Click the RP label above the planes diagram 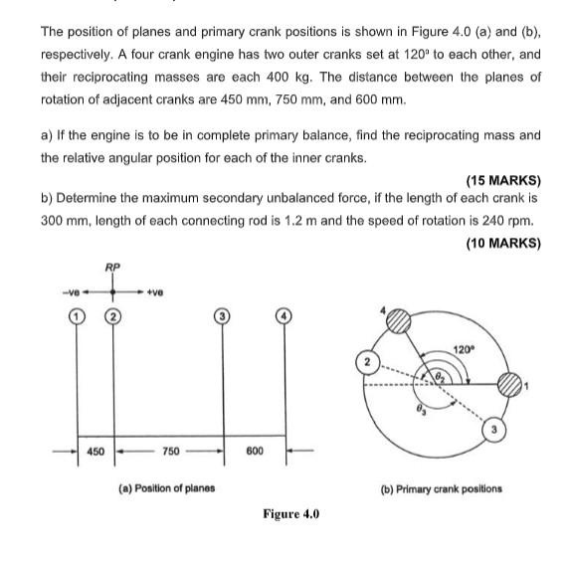pos(112,267)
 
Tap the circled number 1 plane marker pos(76,316)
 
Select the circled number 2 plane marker pos(113,316)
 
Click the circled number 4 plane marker pos(285,316)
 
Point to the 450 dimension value pos(95,452)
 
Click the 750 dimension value pos(169,452)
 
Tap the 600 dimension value pos(254,452)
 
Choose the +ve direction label pos(154,291)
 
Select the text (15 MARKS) pos(502,180)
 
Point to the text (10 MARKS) pos(502,243)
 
